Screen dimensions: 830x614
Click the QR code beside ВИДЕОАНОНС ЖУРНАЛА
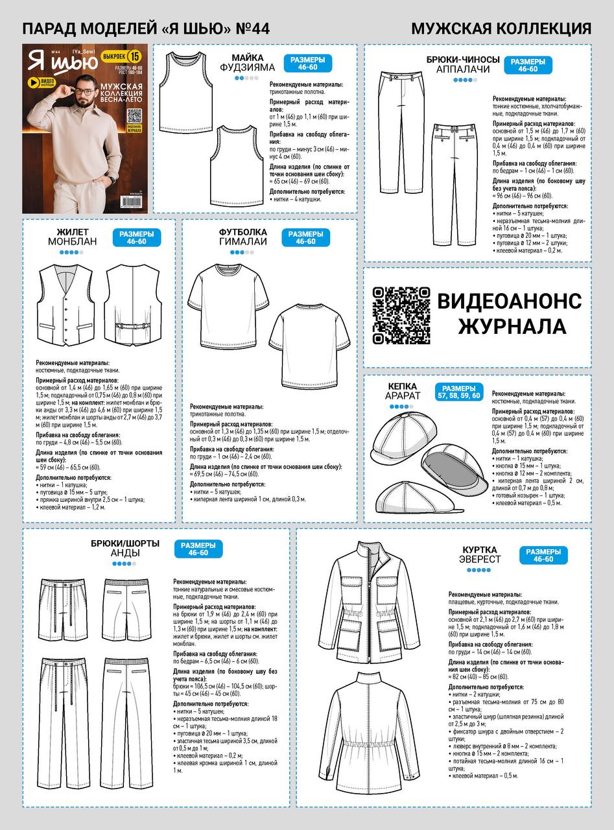pyautogui.click(x=401, y=316)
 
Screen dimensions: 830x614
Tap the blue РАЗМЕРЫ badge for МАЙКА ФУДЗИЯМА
pyautogui.click(x=307, y=64)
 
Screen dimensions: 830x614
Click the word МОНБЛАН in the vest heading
pyautogui.click(x=72, y=241)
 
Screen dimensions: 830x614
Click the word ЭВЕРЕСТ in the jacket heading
pyautogui.click(x=480, y=559)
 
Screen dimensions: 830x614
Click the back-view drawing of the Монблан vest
pyautogui.click(x=132, y=305)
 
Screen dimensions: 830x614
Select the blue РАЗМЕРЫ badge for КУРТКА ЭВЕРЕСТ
pyautogui.click(x=543, y=555)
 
